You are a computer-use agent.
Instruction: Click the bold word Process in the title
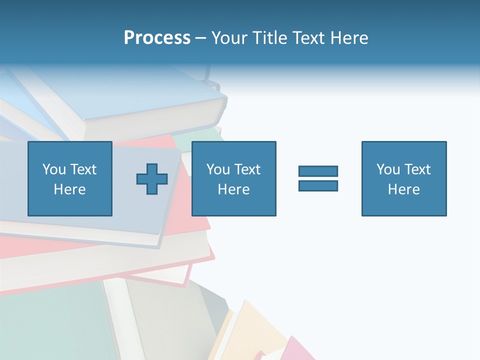157,38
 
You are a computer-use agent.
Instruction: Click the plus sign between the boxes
152,179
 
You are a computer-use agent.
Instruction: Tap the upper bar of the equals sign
318,171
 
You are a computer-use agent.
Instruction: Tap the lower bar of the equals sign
318,185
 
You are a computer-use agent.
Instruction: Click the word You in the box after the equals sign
388,169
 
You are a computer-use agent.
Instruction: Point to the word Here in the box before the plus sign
69,189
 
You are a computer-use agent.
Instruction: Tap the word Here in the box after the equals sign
403,189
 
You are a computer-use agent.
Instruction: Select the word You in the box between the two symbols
218,169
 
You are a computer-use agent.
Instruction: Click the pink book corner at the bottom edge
295,350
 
